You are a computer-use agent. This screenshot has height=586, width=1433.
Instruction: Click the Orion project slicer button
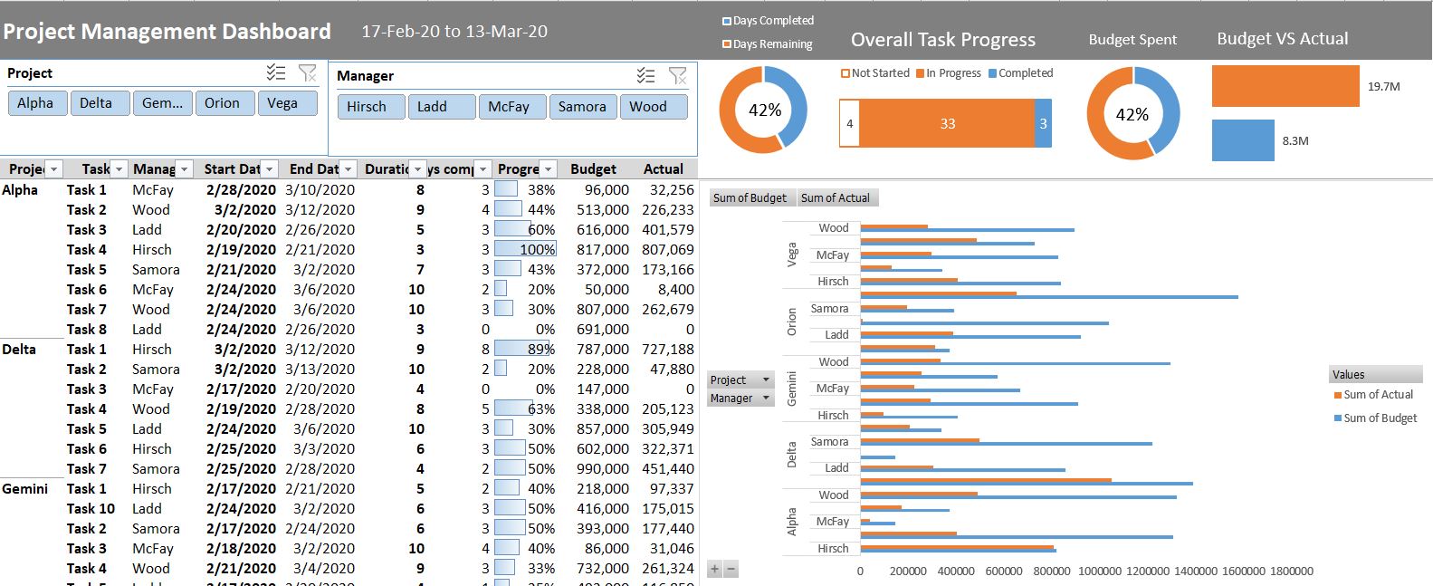(x=222, y=103)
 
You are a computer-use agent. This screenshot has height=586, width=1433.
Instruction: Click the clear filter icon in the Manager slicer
(x=677, y=76)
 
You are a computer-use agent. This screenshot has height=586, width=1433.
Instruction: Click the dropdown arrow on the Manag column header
(x=185, y=169)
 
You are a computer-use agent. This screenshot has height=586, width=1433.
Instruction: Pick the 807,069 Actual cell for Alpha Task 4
(x=667, y=250)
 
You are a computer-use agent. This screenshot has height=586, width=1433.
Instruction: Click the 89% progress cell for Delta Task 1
(x=525, y=350)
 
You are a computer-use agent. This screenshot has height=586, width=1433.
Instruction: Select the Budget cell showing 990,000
(x=595, y=469)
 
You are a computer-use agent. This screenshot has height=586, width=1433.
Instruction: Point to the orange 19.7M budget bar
(x=1285, y=86)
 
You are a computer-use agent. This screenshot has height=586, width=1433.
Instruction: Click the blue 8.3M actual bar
(x=1242, y=140)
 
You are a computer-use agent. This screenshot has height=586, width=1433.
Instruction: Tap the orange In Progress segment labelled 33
(x=947, y=124)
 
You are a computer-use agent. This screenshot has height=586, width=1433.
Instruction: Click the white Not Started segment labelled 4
(x=849, y=124)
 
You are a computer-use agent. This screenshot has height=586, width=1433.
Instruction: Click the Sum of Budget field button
(x=750, y=198)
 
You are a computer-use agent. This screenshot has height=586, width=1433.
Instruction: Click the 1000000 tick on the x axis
(x=1100, y=572)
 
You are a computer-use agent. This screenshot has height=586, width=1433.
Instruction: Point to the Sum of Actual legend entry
(x=1377, y=395)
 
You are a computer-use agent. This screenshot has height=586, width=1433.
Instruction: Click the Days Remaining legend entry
(x=771, y=44)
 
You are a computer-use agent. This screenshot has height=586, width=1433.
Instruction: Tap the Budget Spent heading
(x=1132, y=40)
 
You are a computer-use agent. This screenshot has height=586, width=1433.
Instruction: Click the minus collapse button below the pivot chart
(x=731, y=570)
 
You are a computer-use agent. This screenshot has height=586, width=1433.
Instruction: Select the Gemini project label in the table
(x=25, y=489)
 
